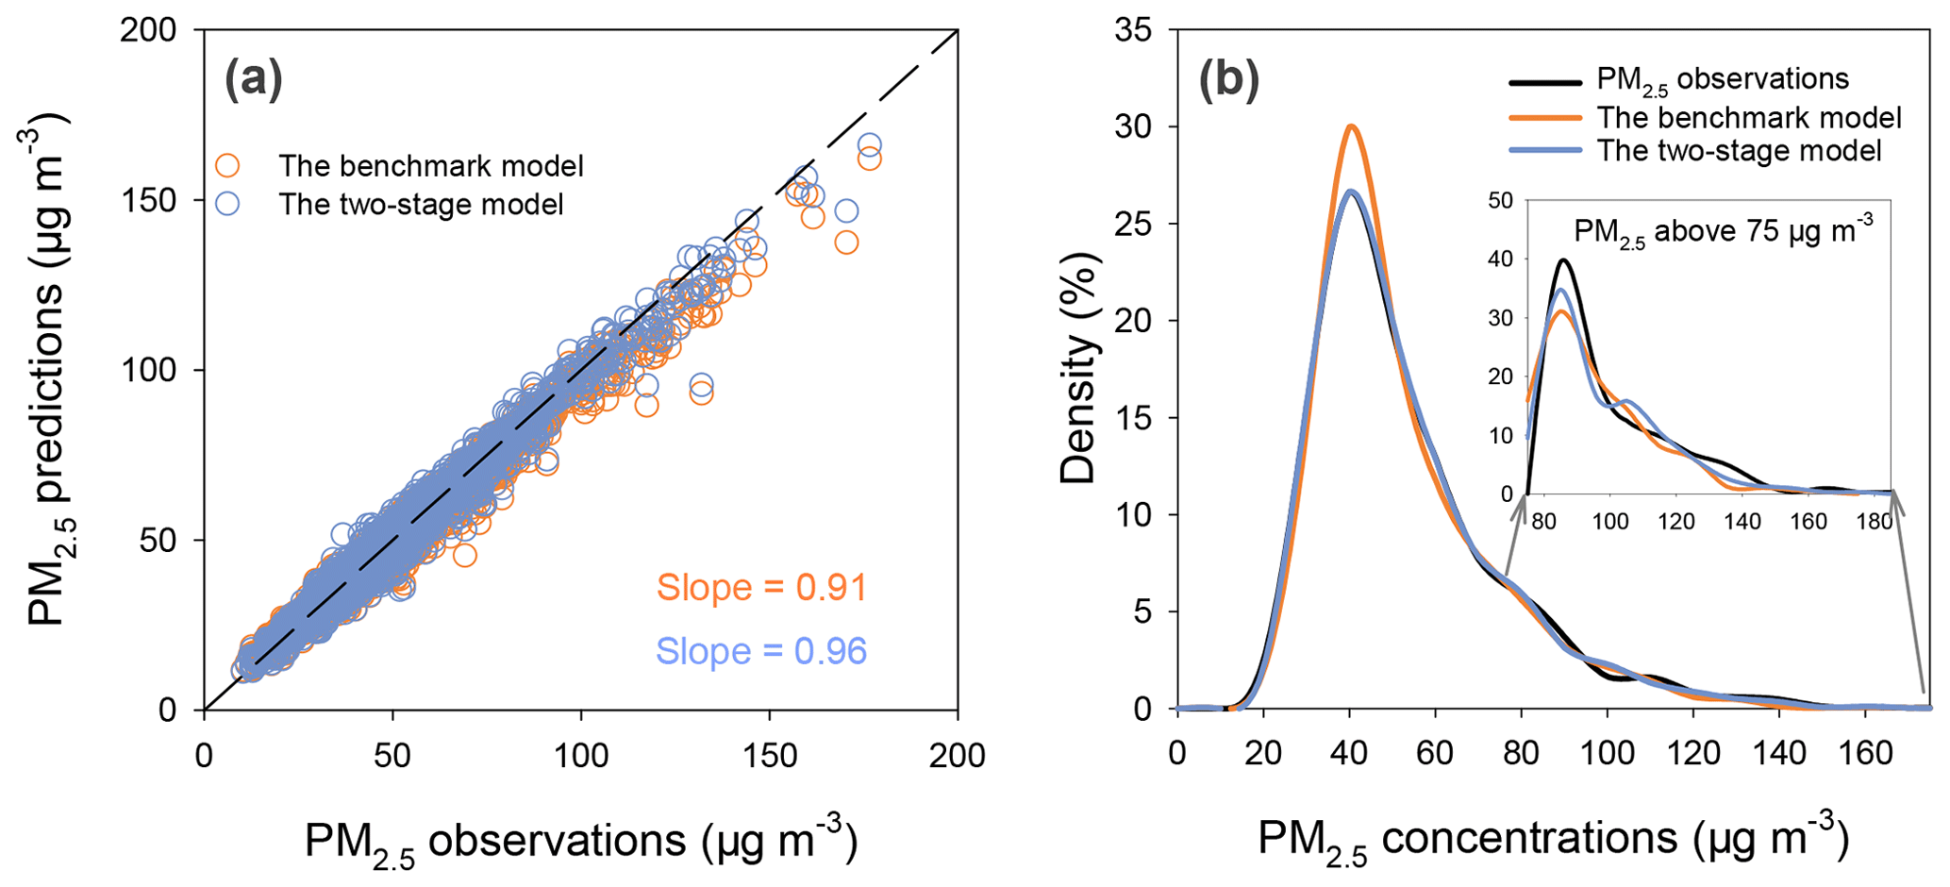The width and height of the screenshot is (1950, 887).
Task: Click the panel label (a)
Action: (254, 81)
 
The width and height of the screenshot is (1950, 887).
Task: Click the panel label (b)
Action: (1228, 81)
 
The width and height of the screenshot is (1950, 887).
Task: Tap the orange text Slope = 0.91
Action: (761, 588)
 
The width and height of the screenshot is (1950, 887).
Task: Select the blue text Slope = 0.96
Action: (761, 651)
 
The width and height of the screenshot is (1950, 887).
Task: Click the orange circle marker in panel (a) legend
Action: (227, 166)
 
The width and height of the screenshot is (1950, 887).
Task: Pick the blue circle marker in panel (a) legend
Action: (227, 204)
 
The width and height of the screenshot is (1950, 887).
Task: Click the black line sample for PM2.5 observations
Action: (1544, 82)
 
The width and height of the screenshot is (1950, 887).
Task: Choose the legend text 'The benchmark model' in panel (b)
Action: (1748, 117)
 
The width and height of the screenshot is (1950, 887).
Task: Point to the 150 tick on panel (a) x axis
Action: (769, 754)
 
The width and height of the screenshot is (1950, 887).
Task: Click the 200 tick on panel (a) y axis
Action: (149, 30)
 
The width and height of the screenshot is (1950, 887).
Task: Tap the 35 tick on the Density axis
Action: (1132, 30)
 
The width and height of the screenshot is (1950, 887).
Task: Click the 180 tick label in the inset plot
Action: (1873, 521)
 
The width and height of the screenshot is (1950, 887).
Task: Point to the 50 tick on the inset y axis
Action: (1500, 200)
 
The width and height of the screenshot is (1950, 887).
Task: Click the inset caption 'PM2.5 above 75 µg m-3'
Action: (1724, 231)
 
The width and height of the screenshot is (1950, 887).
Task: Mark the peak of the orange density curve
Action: (1351, 126)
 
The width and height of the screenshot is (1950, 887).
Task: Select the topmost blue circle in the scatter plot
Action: (869, 145)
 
